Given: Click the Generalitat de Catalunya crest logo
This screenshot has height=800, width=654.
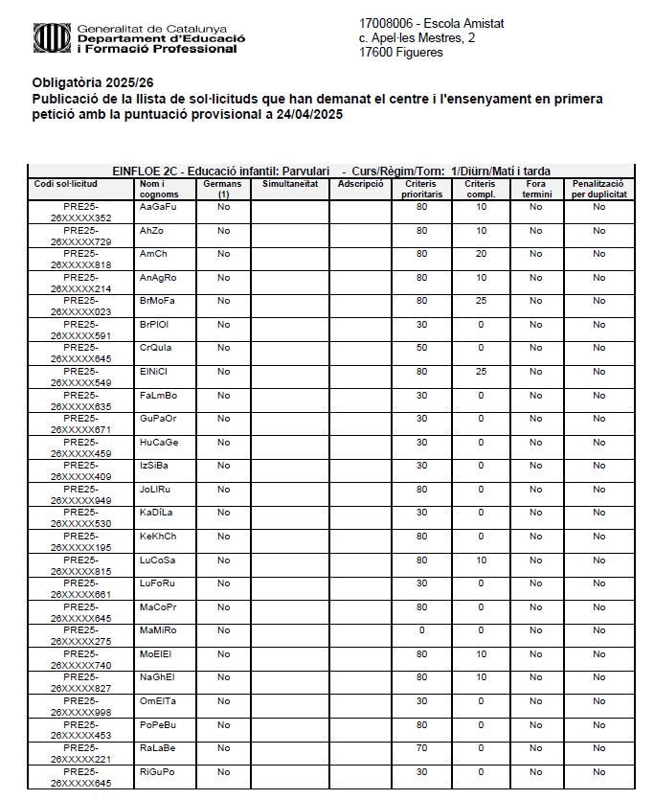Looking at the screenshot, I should [x=52, y=38].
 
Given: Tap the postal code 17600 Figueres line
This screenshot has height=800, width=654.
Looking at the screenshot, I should [x=401, y=53].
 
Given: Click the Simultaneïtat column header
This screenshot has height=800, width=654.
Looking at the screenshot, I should [x=289, y=183].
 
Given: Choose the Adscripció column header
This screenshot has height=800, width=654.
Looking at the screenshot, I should [x=360, y=183].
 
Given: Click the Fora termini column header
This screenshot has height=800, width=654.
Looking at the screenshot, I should [x=536, y=188].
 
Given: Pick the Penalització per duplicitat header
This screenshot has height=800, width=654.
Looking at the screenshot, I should [x=598, y=188].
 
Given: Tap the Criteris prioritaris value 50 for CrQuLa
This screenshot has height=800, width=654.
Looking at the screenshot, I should [x=421, y=348].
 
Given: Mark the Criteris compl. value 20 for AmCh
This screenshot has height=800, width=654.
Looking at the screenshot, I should [x=481, y=254].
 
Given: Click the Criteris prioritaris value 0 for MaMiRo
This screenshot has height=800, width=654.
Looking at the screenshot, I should [x=421, y=630].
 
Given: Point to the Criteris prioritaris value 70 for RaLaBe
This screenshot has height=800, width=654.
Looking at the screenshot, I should [x=421, y=748].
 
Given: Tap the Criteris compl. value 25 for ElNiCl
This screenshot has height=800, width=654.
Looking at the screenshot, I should [x=481, y=372].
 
